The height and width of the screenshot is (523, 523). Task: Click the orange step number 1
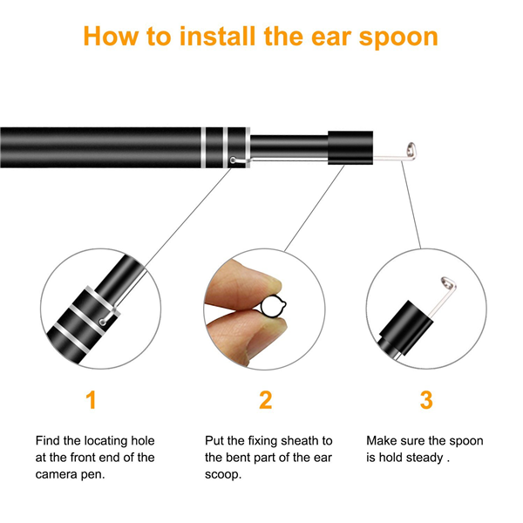91,399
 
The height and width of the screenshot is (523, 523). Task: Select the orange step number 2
266,399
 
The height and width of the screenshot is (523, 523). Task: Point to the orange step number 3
426,399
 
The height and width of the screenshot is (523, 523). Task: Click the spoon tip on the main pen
411,151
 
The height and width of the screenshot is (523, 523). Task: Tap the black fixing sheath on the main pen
350,147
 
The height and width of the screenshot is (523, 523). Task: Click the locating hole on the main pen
233,160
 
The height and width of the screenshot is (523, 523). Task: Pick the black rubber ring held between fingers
273,306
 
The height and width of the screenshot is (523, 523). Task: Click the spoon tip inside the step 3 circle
449,285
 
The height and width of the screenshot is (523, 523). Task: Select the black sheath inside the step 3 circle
405,328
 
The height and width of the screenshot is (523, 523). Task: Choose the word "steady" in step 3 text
425,458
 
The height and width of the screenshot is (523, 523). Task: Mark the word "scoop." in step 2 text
223,475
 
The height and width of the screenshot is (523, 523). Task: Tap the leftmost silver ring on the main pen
203,147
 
